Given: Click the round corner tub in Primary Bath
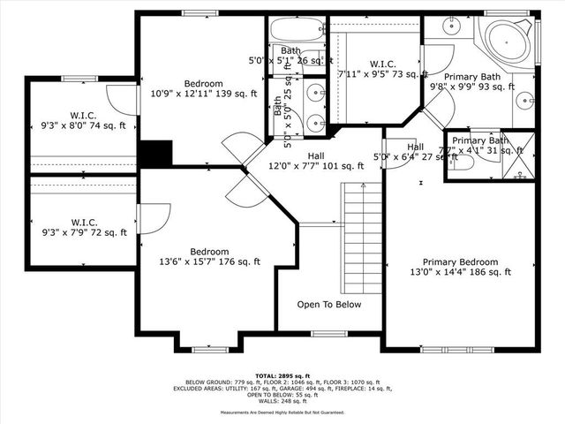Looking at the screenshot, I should click(507, 42).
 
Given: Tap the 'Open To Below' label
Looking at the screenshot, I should click(328, 305).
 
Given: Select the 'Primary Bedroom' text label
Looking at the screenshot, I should click(459, 262).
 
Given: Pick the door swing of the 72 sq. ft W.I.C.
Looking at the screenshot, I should click(151, 218).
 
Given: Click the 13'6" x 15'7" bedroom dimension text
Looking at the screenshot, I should click(209, 261).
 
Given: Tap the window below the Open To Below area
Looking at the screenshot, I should click(328, 333).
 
